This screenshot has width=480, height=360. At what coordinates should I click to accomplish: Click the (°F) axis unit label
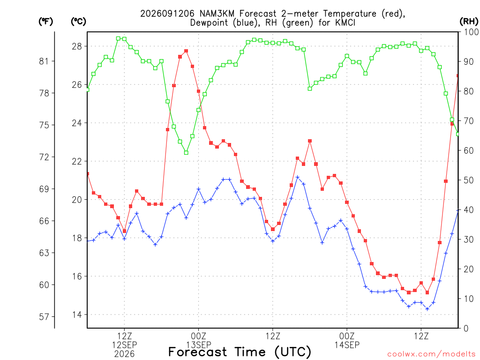pyautogui.click(x=45, y=22)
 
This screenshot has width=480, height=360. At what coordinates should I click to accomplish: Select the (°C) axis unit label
pyautogui.click(x=78, y=22)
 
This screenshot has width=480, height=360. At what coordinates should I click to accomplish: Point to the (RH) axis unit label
pyautogui.click(x=469, y=22)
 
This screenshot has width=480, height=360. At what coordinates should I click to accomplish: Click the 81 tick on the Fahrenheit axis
pyautogui.click(x=44, y=61)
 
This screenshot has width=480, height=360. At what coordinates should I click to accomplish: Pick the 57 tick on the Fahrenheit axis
pyautogui.click(x=44, y=316)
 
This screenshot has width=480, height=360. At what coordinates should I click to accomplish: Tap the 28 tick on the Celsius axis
pyautogui.click(x=77, y=46)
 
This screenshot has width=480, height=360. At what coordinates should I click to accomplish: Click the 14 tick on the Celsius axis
pyautogui.click(x=77, y=315)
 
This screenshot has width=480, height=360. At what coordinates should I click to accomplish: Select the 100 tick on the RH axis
pyautogui.click(x=471, y=32)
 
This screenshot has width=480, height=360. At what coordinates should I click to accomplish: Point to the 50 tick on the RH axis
pyautogui.click(x=468, y=180)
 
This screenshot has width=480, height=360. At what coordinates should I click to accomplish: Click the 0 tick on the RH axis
pyautogui.click(x=466, y=329)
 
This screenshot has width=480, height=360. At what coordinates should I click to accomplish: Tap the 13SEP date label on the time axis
pyautogui.click(x=199, y=345)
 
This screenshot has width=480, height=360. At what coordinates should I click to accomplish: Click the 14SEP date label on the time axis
pyautogui.click(x=347, y=345)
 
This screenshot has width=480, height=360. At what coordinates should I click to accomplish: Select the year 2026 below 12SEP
pyautogui.click(x=124, y=354)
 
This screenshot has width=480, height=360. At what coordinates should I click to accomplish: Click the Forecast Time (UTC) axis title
pyautogui.click(x=240, y=352)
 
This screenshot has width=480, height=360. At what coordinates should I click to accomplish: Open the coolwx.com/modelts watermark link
pyautogui.click(x=431, y=354)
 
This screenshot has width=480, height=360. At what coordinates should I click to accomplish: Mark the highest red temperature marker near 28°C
pyautogui.click(x=186, y=51)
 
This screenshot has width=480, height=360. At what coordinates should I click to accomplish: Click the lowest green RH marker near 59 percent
pyautogui.click(x=186, y=153)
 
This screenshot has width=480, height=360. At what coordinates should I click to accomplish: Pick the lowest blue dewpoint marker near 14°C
pyautogui.click(x=427, y=309)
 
